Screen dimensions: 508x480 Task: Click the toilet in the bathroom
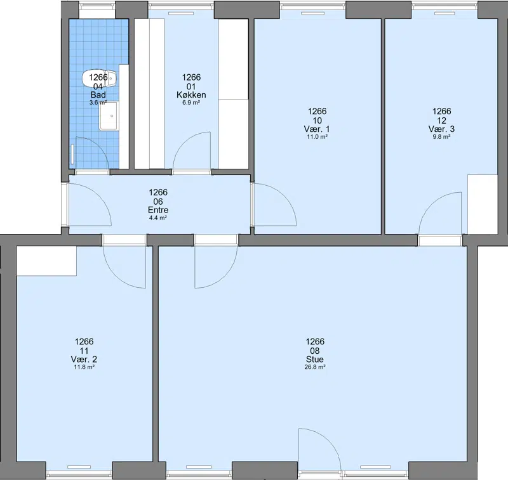(99, 79)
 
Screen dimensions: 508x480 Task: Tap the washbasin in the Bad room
(108, 116)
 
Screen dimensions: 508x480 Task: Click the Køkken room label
(191, 94)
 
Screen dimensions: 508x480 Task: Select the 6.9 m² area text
(191, 103)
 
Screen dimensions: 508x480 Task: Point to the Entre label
(158, 210)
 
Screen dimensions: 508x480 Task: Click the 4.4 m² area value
(157, 217)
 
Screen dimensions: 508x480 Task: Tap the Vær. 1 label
(317, 129)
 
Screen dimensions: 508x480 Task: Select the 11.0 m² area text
(317, 137)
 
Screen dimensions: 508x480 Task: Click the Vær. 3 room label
(441, 129)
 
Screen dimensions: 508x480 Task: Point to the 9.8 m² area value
(441, 137)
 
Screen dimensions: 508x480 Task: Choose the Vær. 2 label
(84, 360)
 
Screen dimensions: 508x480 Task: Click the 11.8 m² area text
(84, 367)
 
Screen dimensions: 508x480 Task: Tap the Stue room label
(315, 360)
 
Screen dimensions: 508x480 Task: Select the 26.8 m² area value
(315, 367)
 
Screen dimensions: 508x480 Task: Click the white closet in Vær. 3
(483, 204)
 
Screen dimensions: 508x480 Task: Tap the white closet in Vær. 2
(46, 261)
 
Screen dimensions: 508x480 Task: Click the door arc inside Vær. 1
(285, 198)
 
